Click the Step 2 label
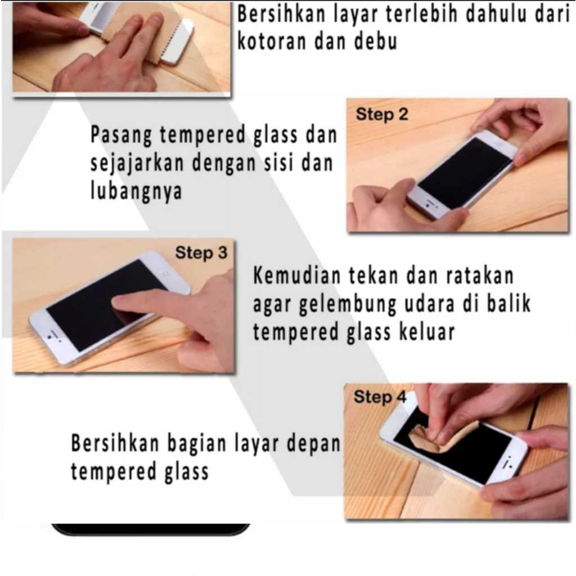point(382,115)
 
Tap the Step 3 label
point(201,253)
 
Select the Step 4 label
point(380,397)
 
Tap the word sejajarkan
point(137,164)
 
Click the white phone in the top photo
point(176,41)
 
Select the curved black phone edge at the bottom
point(151,530)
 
